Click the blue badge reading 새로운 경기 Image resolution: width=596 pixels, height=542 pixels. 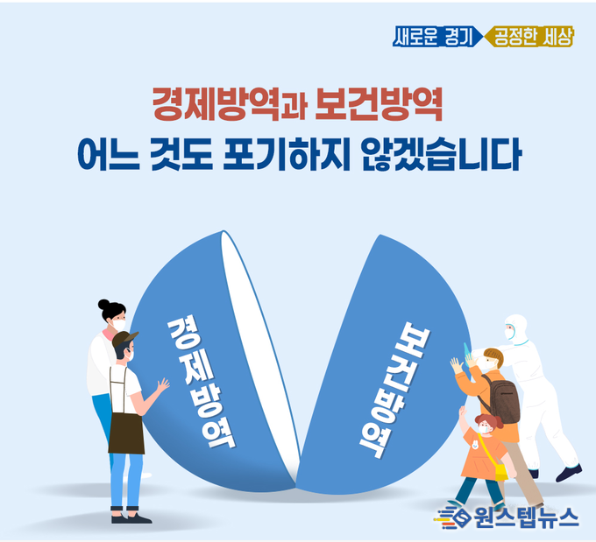point(437,37)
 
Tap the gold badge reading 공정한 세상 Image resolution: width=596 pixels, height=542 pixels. point(529,37)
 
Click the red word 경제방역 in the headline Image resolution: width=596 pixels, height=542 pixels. point(216,104)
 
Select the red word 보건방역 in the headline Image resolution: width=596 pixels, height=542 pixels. point(379,104)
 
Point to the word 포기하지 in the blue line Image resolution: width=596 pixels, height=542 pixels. point(286,154)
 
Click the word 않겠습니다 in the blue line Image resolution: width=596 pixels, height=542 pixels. point(441,154)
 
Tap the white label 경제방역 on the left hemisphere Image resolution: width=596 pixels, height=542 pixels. point(201,383)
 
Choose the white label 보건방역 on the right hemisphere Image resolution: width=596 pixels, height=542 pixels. point(395,390)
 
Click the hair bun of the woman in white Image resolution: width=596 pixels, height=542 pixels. point(103,305)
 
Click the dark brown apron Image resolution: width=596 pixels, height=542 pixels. point(126,433)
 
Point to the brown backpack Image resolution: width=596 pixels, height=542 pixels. point(502,398)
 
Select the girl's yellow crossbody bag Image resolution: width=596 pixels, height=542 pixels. point(501,472)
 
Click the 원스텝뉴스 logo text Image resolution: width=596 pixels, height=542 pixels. point(527,517)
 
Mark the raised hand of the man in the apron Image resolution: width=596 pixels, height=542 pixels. point(163,384)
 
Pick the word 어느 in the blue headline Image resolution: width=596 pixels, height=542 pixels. point(109,155)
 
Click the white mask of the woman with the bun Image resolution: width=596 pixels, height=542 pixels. point(119,326)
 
